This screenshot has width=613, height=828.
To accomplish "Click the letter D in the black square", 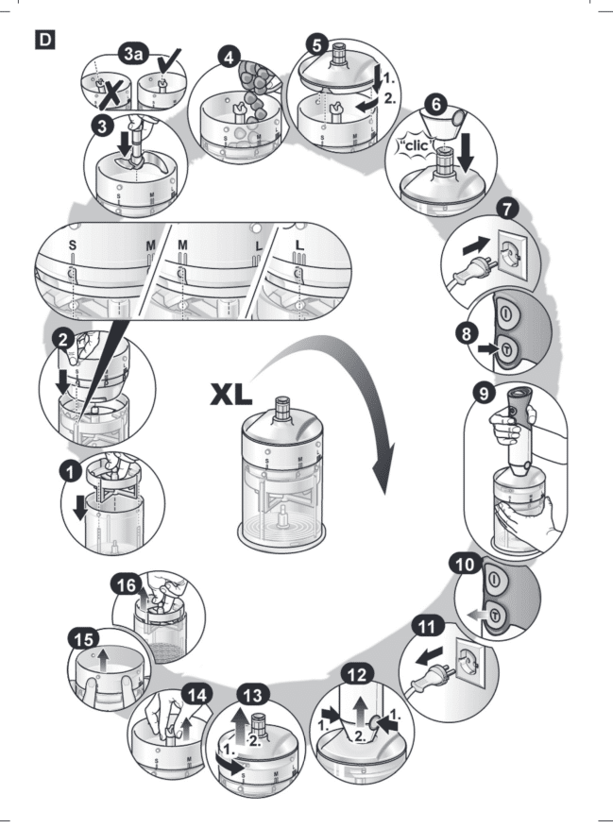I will (x=43, y=41).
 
